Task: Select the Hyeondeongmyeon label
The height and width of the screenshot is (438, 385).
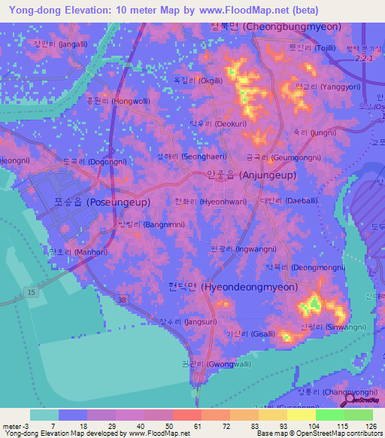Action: coord(228,287)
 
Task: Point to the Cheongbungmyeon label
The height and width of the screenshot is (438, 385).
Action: coord(274,26)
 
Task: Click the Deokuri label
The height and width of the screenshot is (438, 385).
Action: coord(224,123)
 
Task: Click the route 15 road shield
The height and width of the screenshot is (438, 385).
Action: coord(29,291)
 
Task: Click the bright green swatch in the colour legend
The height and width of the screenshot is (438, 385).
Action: coord(329,415)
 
